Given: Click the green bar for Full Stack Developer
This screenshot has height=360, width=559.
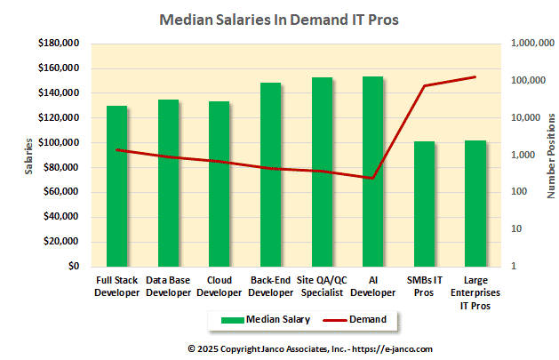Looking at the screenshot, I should tap(116, 186).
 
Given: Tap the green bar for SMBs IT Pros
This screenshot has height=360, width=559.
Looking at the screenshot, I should tap(424, 204).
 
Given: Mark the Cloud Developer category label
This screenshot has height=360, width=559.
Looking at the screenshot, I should tap(219, 286).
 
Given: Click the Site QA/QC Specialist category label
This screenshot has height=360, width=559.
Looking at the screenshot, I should tap(321, 286).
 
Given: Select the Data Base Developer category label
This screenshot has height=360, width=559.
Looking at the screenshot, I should tap(168, 286).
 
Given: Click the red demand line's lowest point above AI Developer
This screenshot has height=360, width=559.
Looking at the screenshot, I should tap(372, 178).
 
